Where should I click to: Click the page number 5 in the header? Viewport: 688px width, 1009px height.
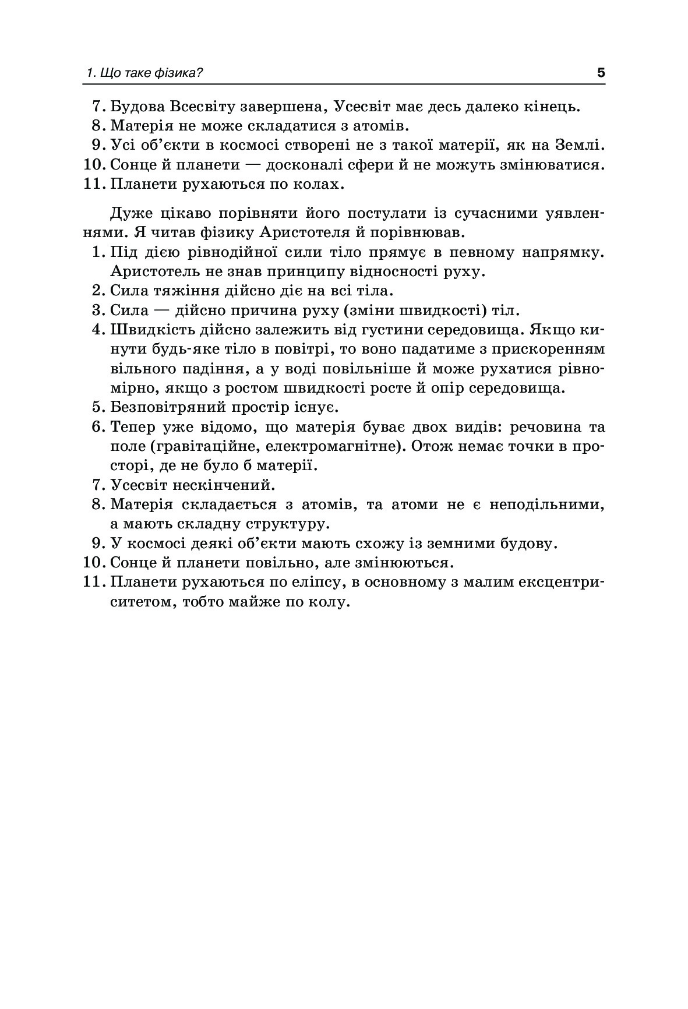point(601,73)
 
